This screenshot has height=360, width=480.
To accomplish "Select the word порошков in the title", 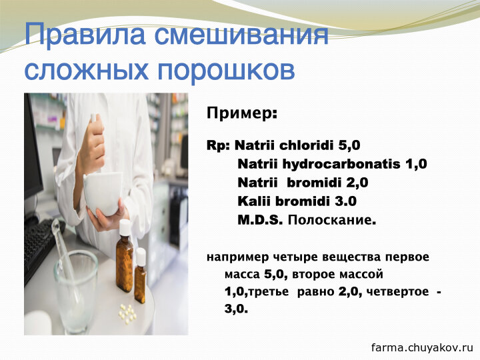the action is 227,71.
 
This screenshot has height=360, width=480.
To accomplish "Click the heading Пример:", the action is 242,113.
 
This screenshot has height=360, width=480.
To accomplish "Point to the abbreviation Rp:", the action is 218,146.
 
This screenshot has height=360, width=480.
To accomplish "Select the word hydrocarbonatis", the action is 341,165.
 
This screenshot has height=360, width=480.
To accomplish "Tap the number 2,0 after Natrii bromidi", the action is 357,183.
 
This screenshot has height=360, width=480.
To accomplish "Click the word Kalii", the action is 254,201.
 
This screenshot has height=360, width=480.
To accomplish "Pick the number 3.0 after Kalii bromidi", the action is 345,201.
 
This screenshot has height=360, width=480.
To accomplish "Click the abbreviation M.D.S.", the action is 260,220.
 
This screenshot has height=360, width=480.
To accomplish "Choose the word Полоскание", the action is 332,220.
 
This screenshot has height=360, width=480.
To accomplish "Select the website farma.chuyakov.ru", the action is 422,348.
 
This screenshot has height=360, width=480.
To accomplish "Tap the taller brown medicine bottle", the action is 125,256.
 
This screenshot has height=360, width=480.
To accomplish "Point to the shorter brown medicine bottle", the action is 140,275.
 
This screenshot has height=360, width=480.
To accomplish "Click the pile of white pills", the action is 127,312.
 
